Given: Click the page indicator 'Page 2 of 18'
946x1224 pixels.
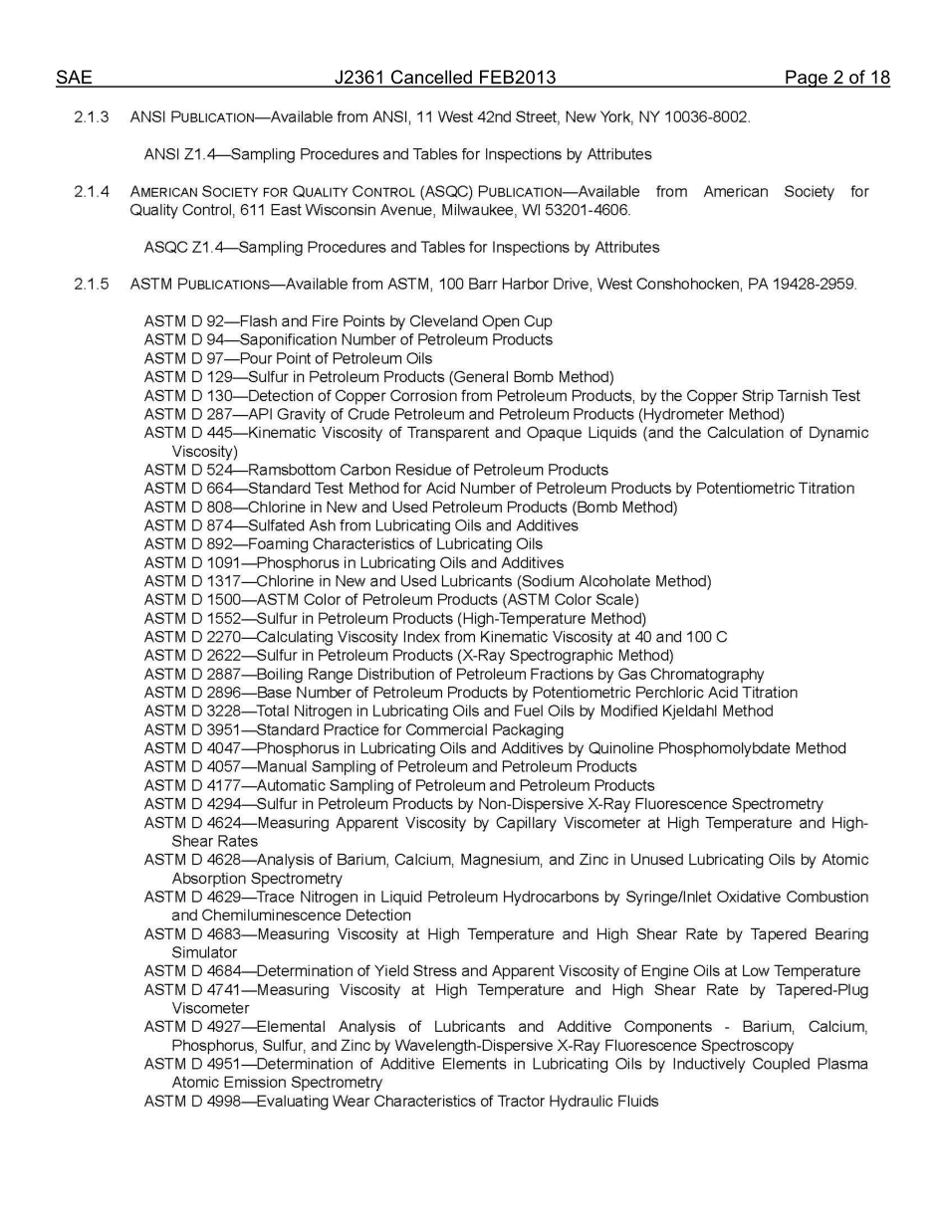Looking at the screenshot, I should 836,78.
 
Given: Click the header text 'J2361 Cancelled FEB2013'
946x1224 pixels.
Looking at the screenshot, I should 447,78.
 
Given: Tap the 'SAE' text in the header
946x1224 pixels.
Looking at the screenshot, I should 74,78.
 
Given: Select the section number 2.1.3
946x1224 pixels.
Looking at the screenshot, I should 92,117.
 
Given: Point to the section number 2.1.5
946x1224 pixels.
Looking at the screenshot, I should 92,285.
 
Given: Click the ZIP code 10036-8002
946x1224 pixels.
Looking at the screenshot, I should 707,117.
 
